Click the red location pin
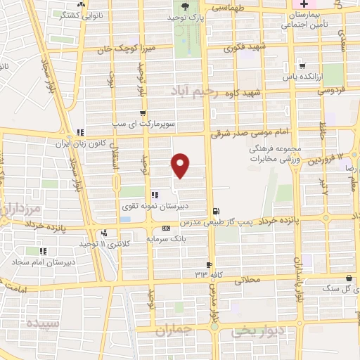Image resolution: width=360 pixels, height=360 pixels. coord(181,165)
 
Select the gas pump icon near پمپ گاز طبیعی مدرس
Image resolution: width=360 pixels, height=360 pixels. coord(214,210)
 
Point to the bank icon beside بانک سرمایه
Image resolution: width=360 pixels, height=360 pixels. coord(166,228)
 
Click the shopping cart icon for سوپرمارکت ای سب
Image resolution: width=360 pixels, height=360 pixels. coord(143,112)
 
